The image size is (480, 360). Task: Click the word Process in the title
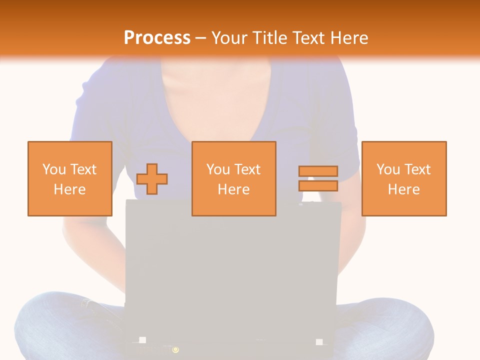[x=157, y=38]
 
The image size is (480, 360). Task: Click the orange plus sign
[x=152, y=179]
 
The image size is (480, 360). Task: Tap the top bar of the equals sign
[x=318, y=171]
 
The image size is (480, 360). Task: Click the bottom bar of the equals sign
[x=318, y=185]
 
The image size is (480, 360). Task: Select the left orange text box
[x=70, y=178]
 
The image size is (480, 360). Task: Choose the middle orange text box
[x=233, y=178]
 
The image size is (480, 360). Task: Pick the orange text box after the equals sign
[x=404, y=178]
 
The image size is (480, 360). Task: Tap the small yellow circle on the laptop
[x=175, y=349]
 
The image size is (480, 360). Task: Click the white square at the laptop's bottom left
[x=142, y=340]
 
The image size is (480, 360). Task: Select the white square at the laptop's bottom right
[x=319, y=342]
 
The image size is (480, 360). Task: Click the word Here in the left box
[x=70, y=189]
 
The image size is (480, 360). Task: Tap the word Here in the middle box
[x=233, y=189]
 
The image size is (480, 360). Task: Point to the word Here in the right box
[x=404, y=189]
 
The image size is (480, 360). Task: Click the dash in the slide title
[x=201, y=38]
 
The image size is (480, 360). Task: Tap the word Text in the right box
[x=418, y=169]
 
